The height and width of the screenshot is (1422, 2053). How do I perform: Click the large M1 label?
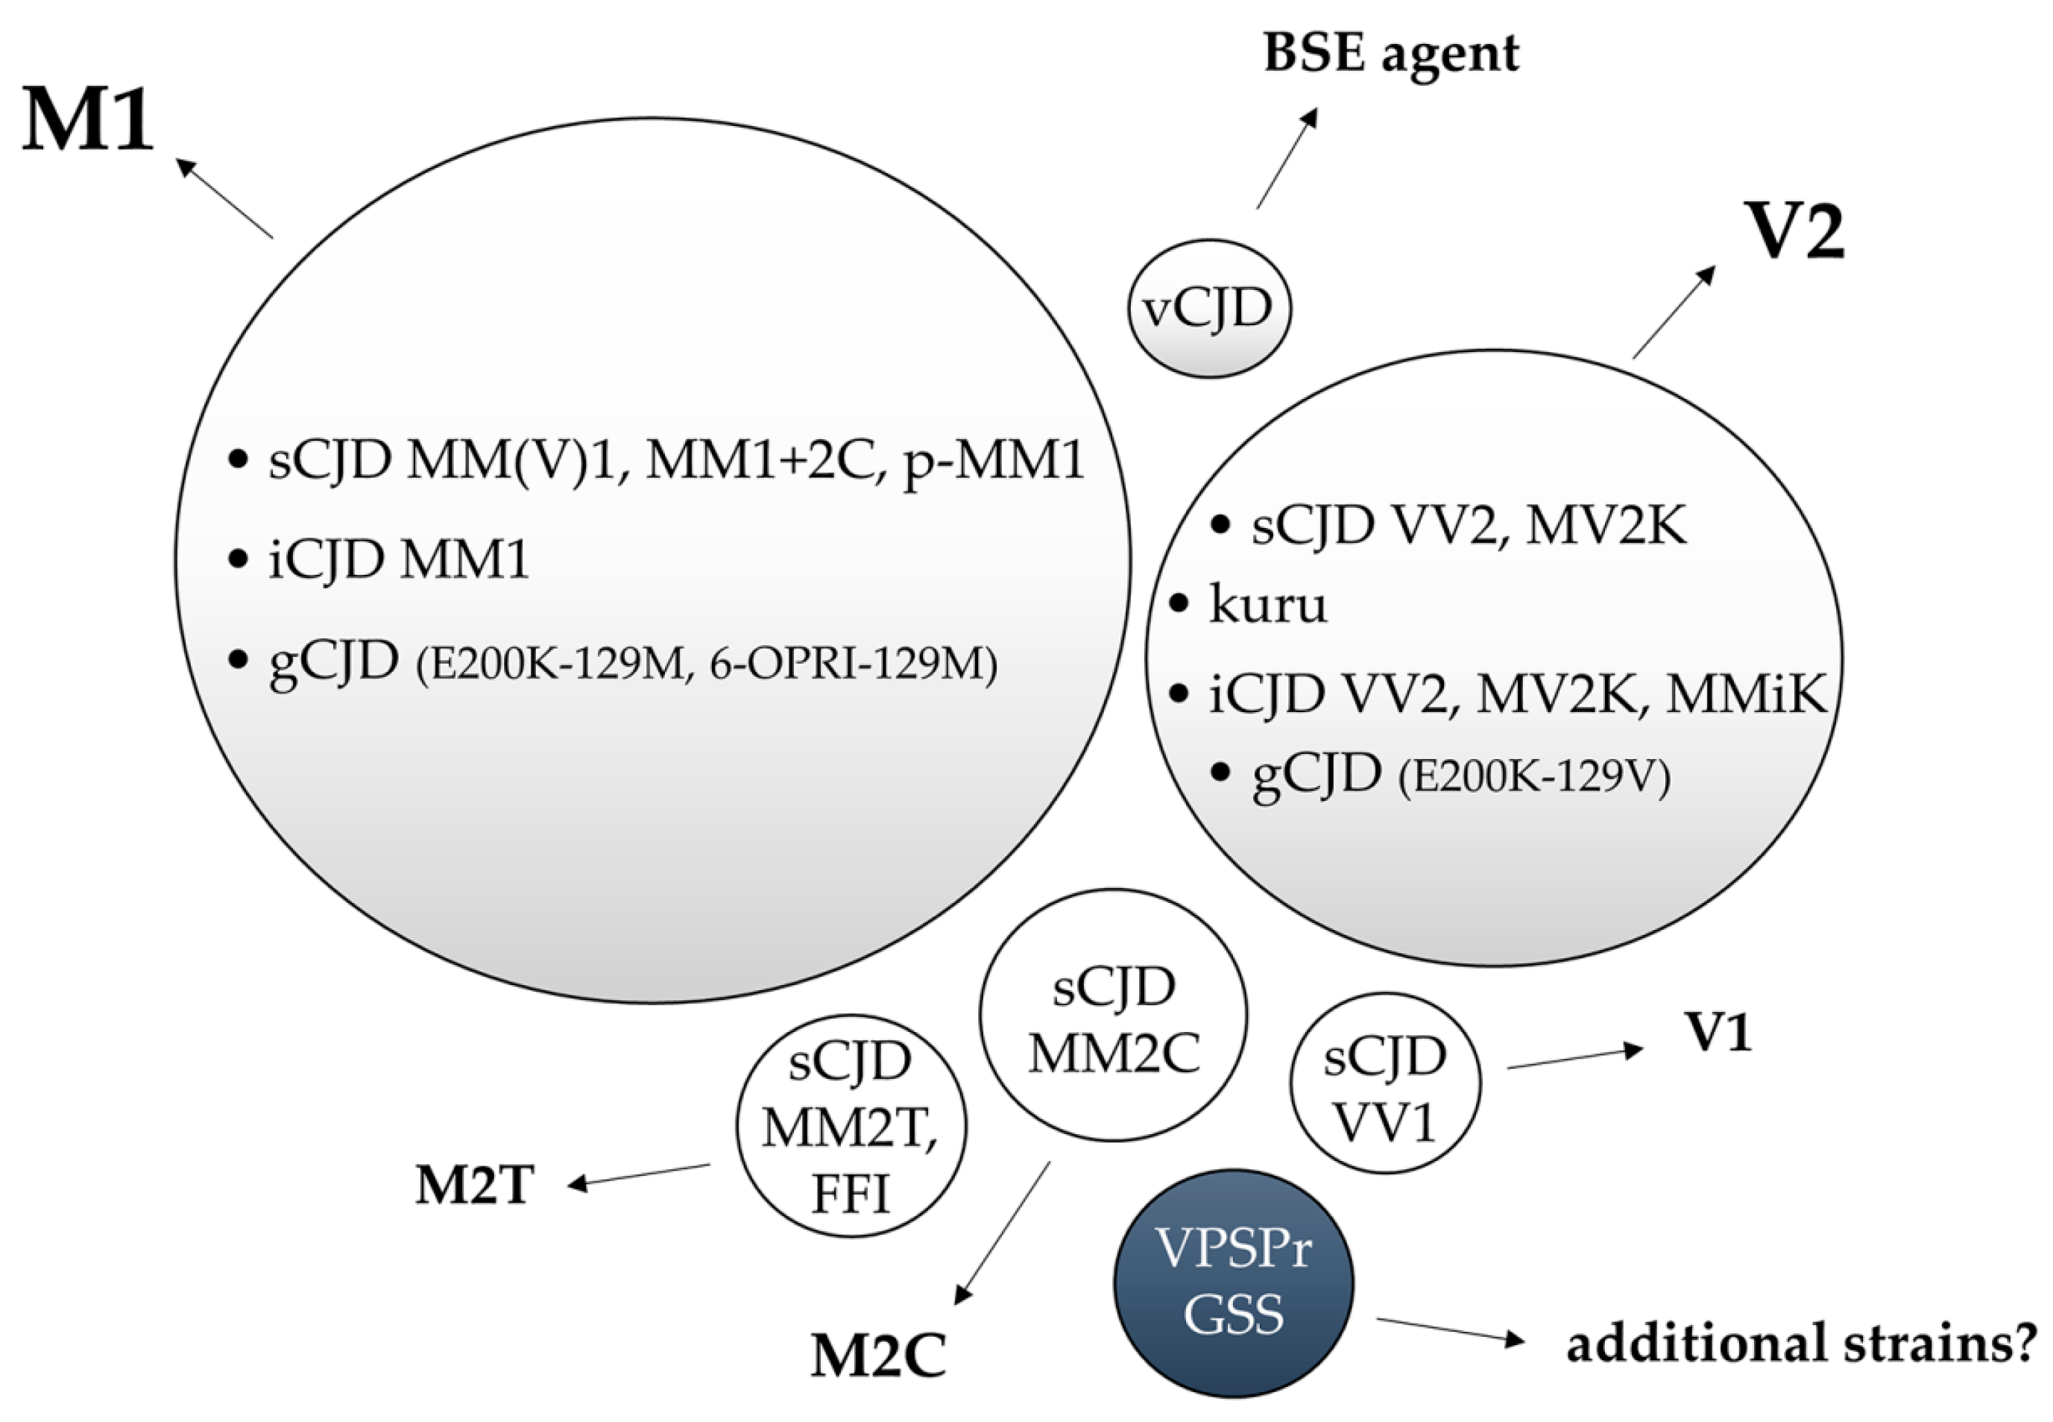pos(87,120)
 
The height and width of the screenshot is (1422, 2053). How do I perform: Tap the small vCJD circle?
pos(1208,308)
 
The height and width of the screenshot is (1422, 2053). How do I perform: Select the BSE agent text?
pos(1390,54)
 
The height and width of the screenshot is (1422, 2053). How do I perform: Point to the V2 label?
pos(1797,232)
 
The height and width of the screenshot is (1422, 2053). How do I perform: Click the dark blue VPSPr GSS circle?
pos(1234,1283)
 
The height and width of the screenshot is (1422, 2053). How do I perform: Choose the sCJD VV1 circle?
pos(1385,1083)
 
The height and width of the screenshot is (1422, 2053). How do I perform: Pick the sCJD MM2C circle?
pos(1113,1016)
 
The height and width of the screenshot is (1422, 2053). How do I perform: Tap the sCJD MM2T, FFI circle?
pos(851,1125)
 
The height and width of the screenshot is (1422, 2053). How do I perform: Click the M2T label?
pos(474,1185)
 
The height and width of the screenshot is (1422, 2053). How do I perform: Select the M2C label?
pos(878,1357)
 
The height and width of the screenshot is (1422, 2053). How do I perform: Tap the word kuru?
pos(1268,604)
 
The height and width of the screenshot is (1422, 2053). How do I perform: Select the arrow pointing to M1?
pos(224,198)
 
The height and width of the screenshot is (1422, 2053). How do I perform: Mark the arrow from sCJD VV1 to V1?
pos(1574,1058)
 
